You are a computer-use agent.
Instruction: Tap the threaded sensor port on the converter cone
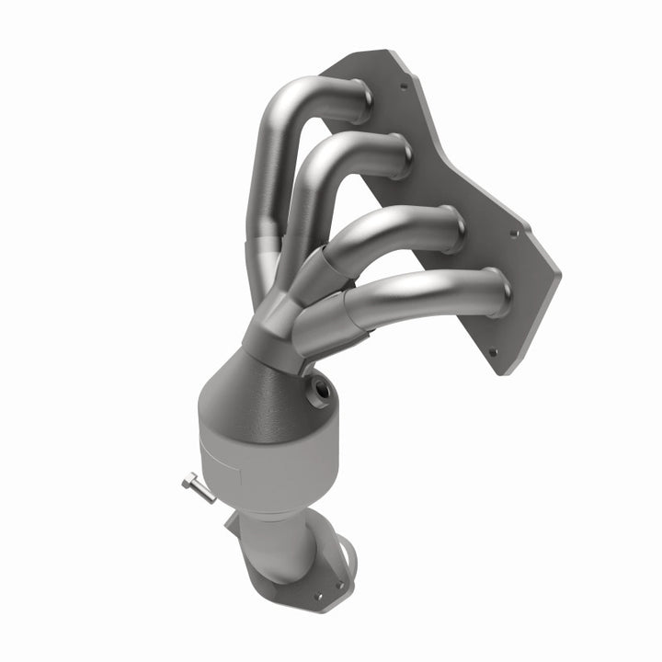tap(322, 390)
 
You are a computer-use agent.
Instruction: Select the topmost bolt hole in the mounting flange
tap(403, 88)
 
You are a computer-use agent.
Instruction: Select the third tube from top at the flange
tap(451, 230)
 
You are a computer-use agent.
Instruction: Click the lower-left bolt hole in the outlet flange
tap(319, 596)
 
